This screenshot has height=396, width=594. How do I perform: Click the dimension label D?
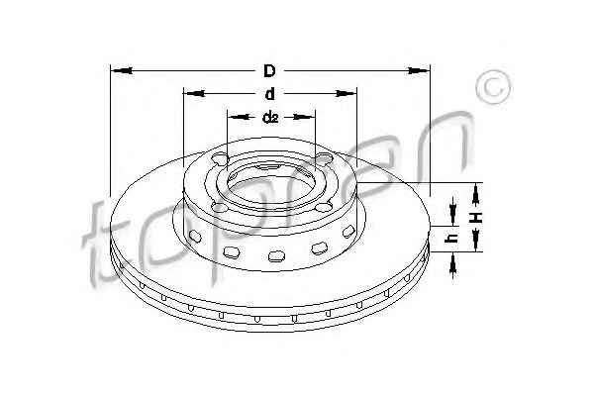(x=269, y=71)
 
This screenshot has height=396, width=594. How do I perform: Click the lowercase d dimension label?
(x=269, y=94)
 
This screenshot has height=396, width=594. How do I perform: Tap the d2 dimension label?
(x=270, y=118)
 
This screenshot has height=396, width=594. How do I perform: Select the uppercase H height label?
(x=476, y=218)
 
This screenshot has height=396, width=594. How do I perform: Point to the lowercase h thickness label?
(x=452, y=238)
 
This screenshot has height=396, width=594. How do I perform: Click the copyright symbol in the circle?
(x=493, y=87)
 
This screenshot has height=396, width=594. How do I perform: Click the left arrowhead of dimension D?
(x=122, y=70)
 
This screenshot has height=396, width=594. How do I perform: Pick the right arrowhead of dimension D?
(x=419, y=70)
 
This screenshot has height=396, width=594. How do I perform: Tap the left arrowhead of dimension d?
(x=194, y=93)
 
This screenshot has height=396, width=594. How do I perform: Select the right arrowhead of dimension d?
(x=346, y=93)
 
